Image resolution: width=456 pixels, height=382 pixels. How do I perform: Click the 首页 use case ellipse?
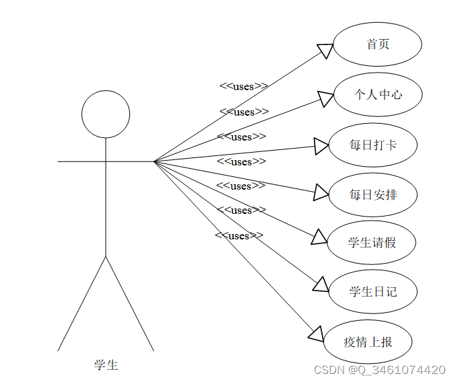click(x=377, y=44)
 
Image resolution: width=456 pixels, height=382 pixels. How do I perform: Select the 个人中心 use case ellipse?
click(x=377, y=94)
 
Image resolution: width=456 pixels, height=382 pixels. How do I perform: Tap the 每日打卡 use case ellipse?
click(x=372, y=144)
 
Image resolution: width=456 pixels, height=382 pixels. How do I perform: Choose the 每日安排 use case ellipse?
click(x=372, y=194)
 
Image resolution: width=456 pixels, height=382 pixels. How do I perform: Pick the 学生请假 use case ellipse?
click(x=372, y=242)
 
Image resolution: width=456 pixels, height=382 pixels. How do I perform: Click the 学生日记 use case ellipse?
click(x=372, y=291)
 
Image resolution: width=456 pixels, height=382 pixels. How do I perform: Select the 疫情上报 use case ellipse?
click(x=368, y=342)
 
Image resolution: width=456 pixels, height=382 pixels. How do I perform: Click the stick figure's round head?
click(x=106, y=114)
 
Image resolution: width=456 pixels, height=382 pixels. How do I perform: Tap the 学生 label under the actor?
click(x=106, y=365)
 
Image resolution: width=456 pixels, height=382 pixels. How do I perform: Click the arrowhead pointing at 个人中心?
click(x=326, y=99)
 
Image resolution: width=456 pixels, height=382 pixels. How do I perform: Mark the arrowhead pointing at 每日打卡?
click(x=322, y=145)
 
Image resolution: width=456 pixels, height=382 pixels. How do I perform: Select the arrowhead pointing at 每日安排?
click(x=321, y=194)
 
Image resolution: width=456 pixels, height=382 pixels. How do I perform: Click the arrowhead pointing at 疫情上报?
click(x=317, y=334)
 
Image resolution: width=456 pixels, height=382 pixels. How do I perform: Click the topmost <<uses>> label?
click(x=244, y=86)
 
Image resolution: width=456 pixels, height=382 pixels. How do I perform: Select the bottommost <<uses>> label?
click(x=239, y=235)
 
